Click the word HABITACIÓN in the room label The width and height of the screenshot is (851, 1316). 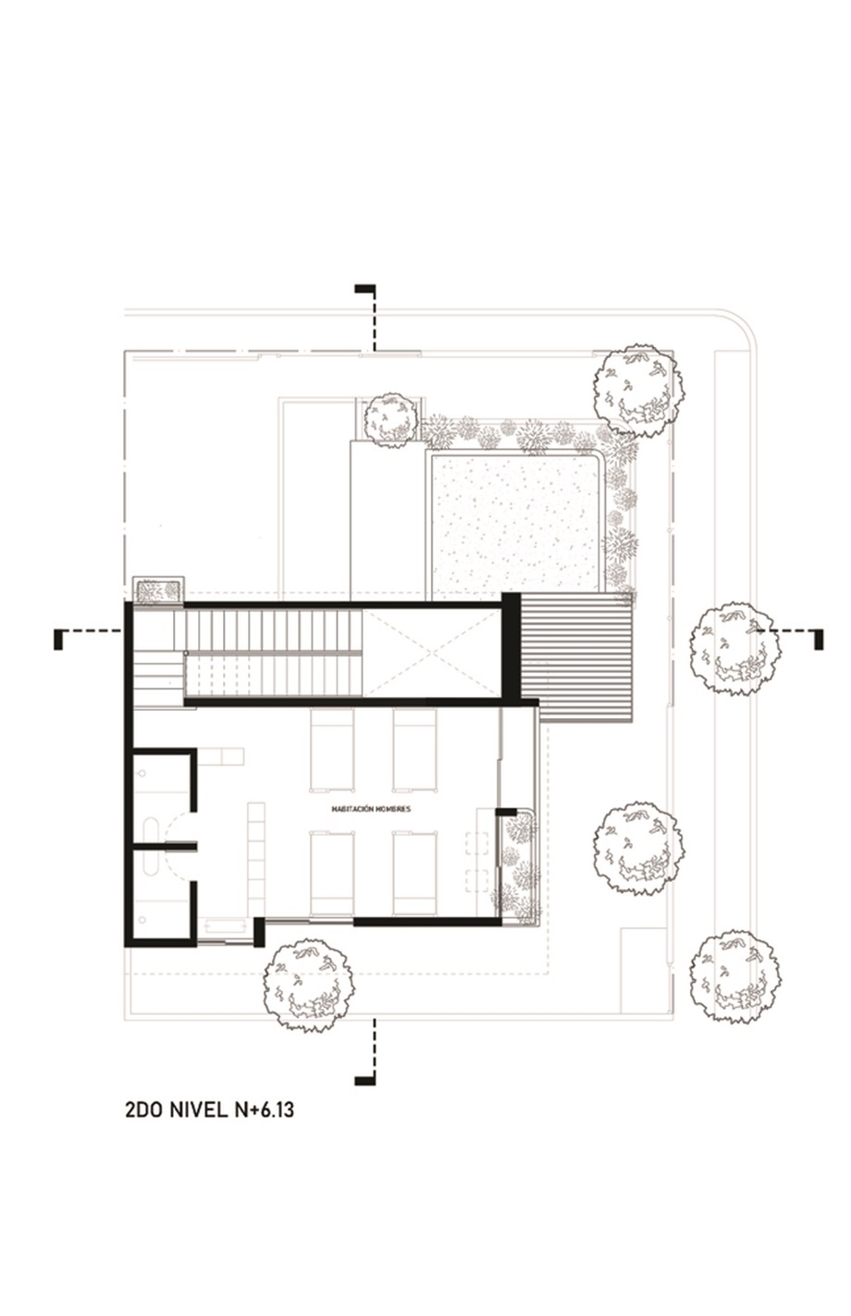pyautogui.click(x=351, y=809)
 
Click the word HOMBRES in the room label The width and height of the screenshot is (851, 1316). pyautogui.click(x=392, y=809)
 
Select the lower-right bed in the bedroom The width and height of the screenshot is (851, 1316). pyautogui.click(x=415, y=872)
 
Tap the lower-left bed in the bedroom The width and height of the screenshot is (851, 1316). pyautogui.click(x=332, y=872)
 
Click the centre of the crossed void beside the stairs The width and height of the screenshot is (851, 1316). pyautogui.click(x=432, y=653)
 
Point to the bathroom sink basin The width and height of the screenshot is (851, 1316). pyautogui.click(x=152, y=842)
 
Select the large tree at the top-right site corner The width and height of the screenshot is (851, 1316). pyautogui.click(x=638, y=391)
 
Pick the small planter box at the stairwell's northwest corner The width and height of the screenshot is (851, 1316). pyautogui.click(x=158, y=590)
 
